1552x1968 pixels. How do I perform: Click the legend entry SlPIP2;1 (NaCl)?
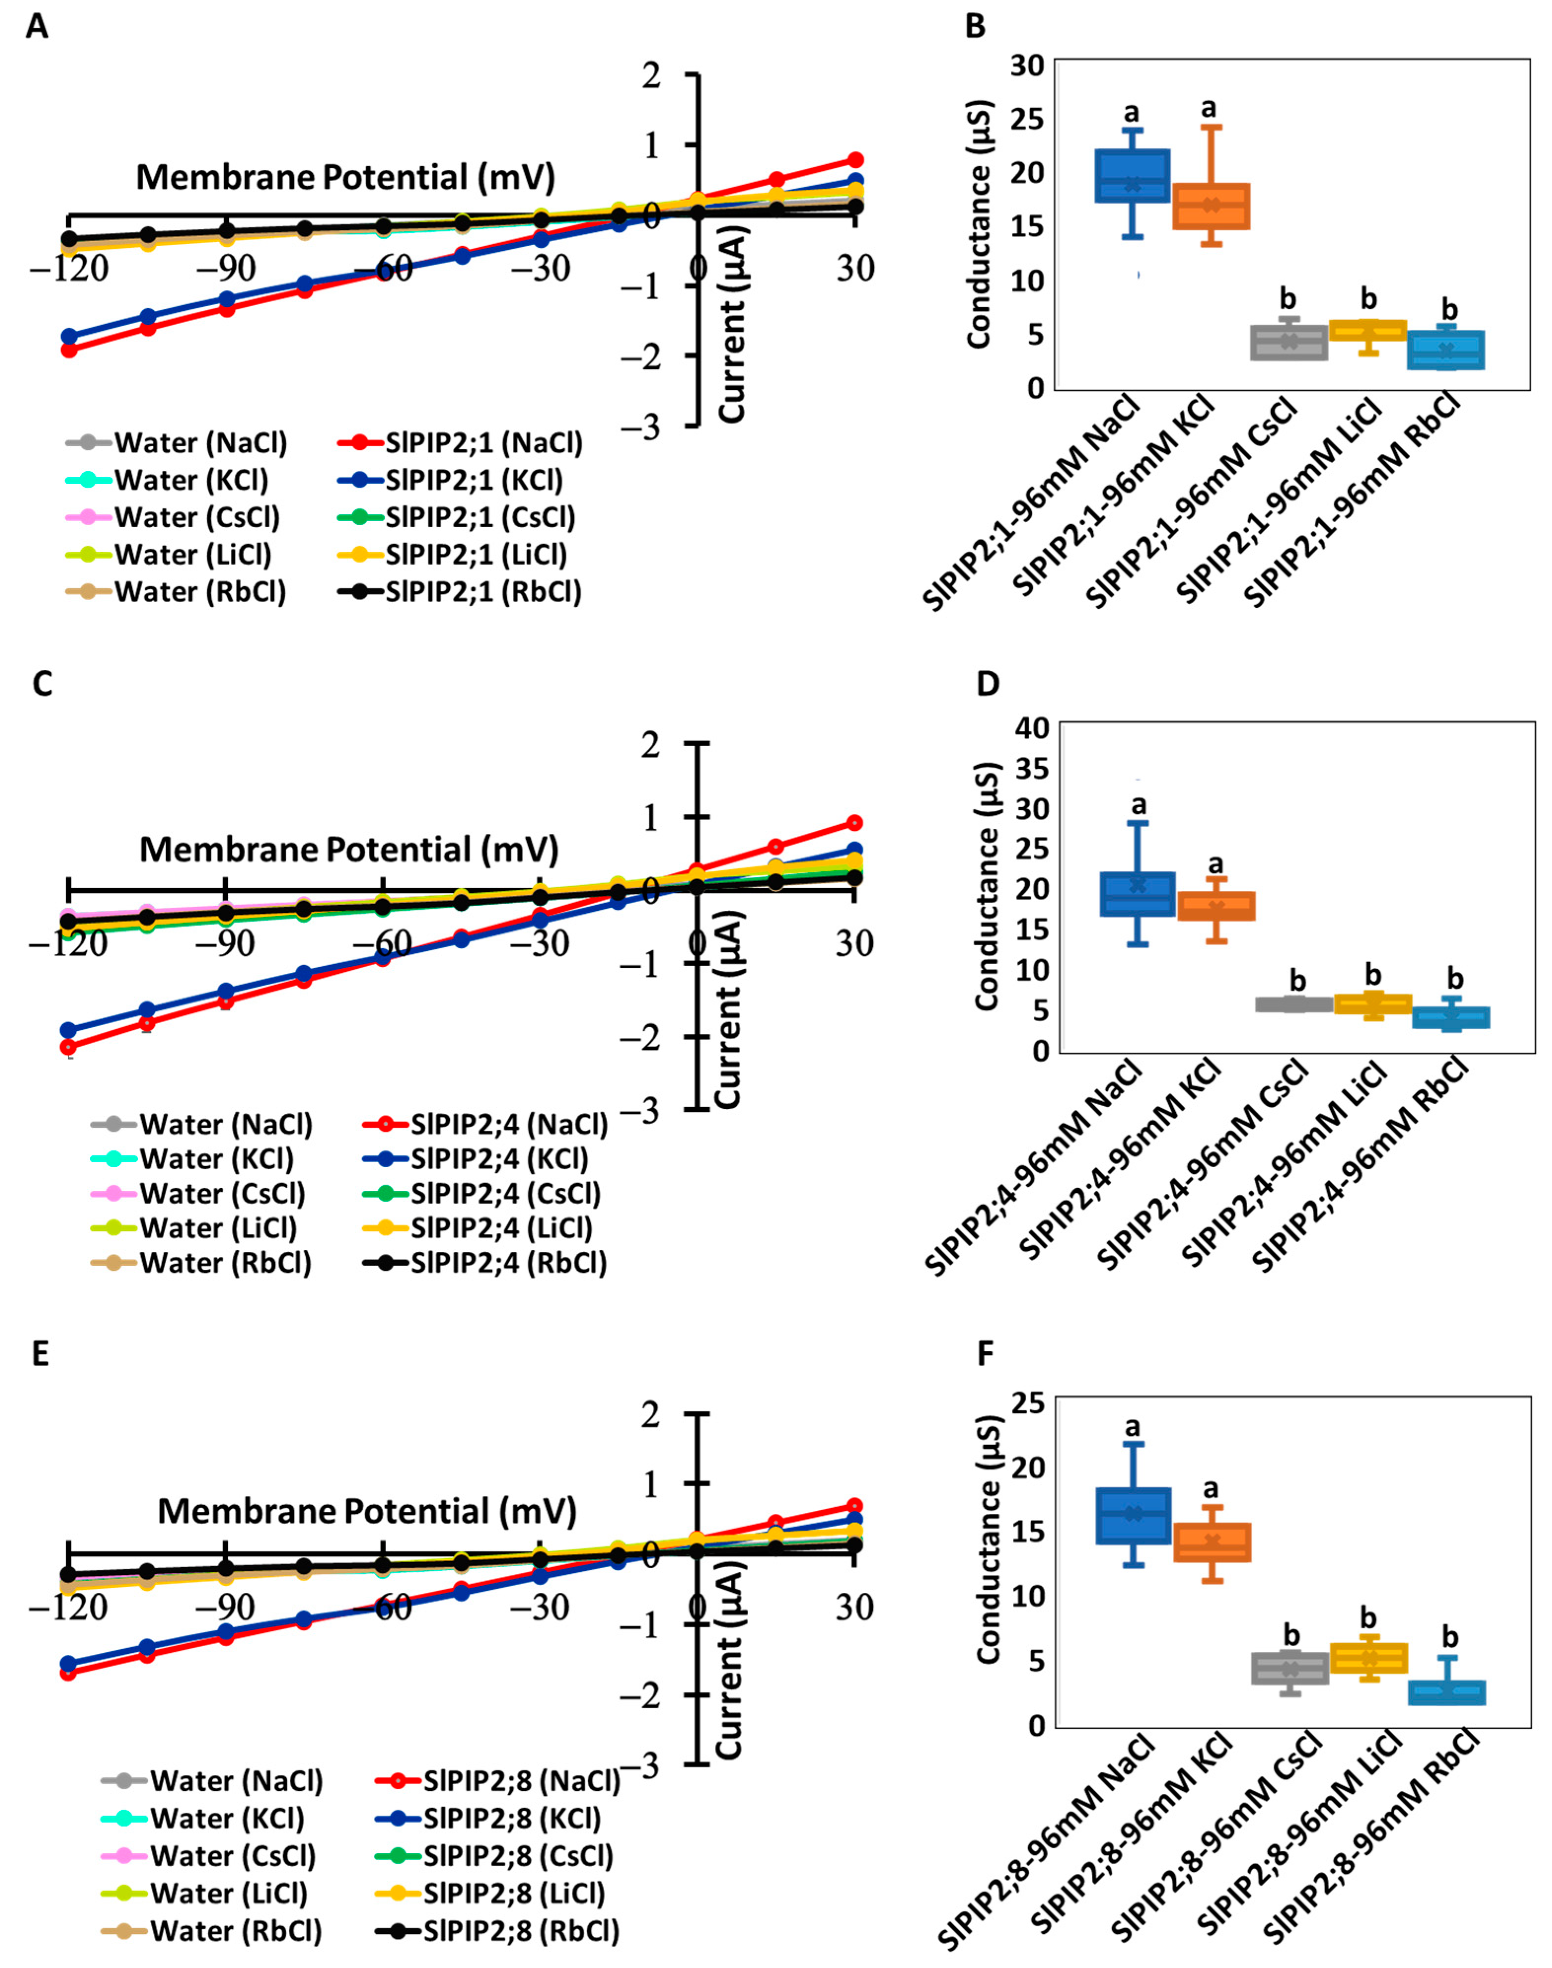click(x=483, y=443)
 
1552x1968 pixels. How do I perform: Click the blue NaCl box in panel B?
click(x=1131, y=176)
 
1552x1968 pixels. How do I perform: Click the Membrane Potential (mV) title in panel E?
click(x=367, y=1511)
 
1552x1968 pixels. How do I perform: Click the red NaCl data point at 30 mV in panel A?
click(x=854, y=160)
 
